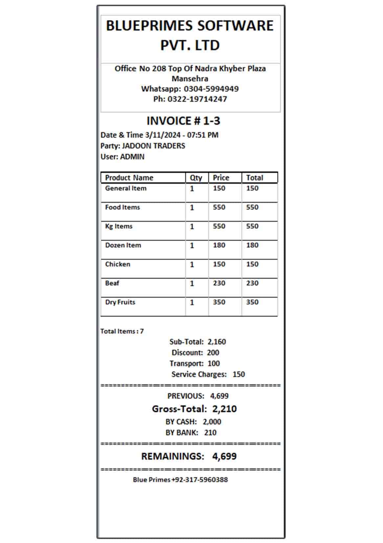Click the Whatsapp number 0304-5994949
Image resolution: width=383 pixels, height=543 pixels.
[x=211, y=89]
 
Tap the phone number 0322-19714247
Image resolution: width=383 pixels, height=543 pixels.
[x=197, y=99]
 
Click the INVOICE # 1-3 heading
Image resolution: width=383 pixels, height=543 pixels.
[x=183, y=121]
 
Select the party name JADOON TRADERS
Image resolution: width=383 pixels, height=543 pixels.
[x=153, y=146]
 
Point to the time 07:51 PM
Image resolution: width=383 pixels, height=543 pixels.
[x=203, y=135]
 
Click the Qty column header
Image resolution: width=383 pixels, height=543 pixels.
[x=196, y=178]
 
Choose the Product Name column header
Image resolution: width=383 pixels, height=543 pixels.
[x=129, y=178]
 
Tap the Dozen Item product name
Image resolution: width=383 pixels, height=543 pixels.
[x=123, y=245]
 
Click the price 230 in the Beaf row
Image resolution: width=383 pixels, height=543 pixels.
[x=219, y=283]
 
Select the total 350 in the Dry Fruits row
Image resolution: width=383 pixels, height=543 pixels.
[x=252, y=302]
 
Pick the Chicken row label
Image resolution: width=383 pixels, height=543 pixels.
[x=118, y=264]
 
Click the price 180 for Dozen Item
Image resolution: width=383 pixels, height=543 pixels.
[x=219, y=245]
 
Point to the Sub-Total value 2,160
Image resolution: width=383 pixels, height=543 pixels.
[x=216, y=342]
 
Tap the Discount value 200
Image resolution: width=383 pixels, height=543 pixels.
[x=213, y=353]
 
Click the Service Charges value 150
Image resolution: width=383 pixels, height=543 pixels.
[x=238, y=374]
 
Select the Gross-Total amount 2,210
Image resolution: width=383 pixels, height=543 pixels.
[x=224, y=409]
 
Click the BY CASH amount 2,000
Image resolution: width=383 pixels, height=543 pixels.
[x=212, y=422]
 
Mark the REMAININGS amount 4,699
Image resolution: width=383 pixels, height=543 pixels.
[x=224, y=456]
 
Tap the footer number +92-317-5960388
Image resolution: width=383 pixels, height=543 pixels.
[x=200, y=480]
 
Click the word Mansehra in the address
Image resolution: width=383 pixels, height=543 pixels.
[x=190, y=78]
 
